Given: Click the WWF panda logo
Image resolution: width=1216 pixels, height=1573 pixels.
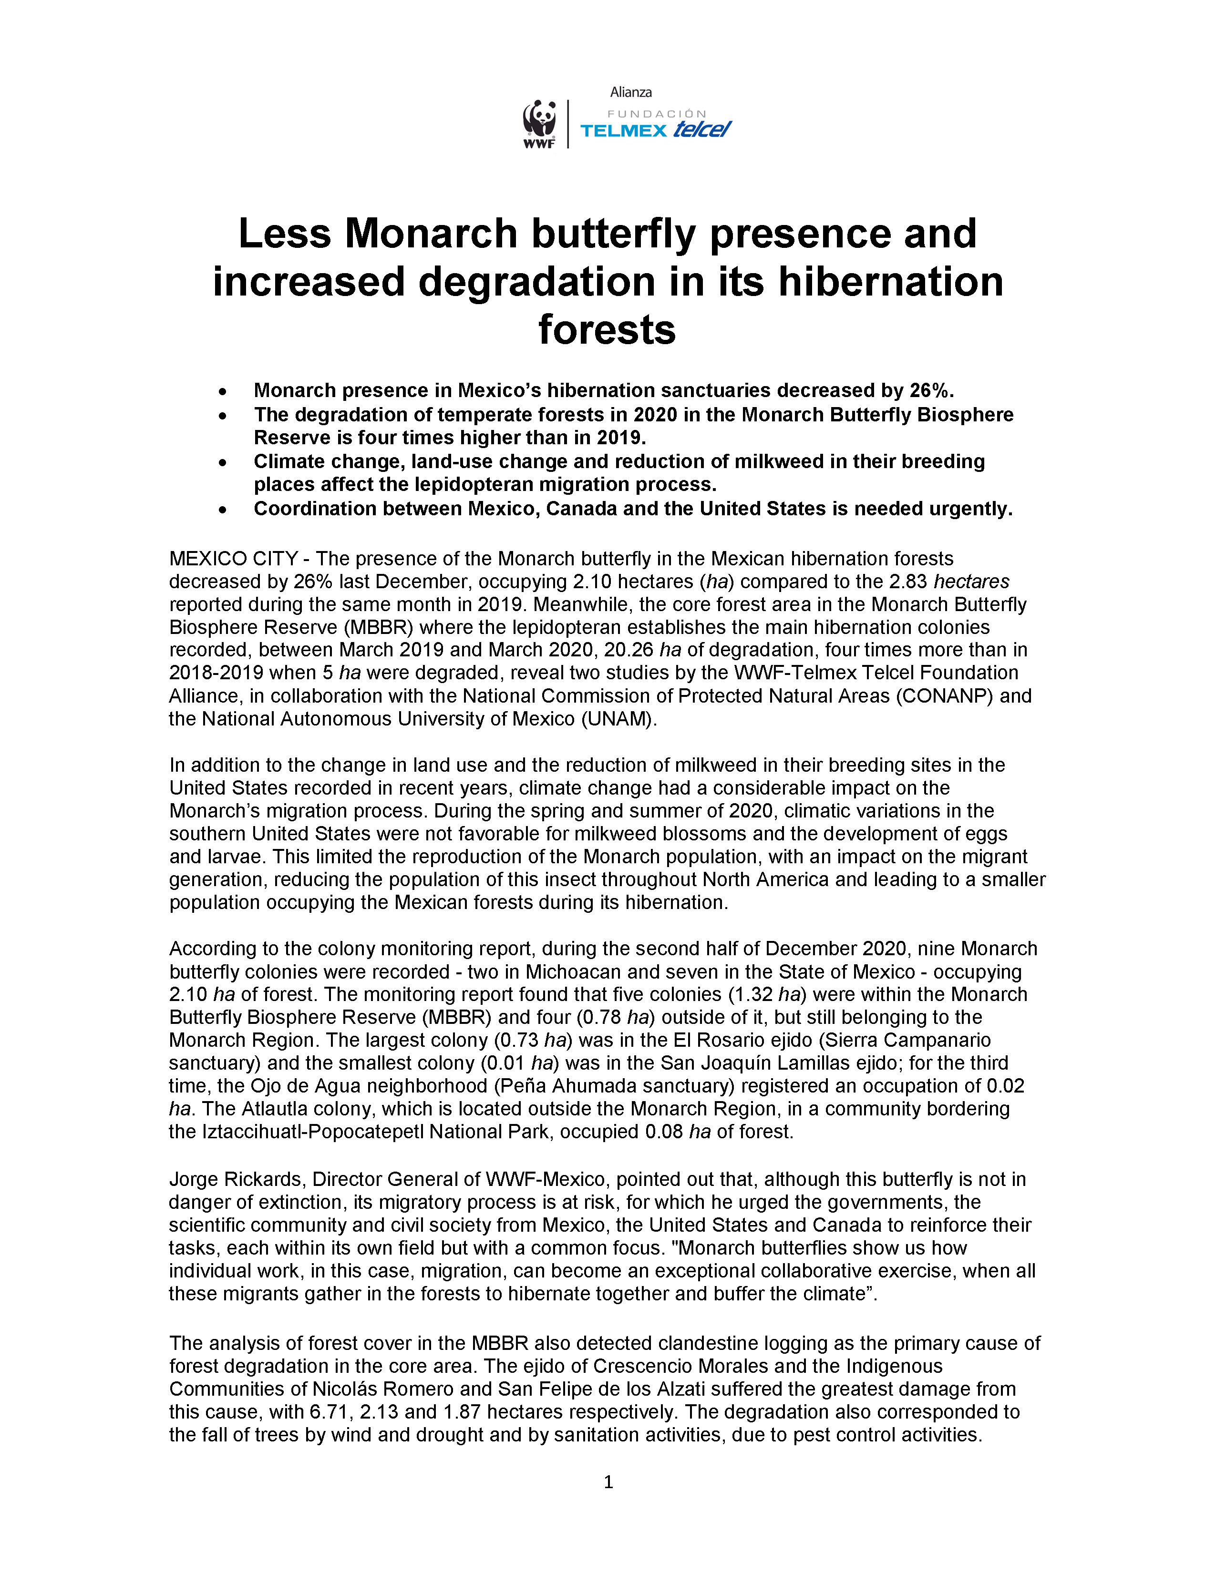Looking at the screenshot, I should [x=539, y=123].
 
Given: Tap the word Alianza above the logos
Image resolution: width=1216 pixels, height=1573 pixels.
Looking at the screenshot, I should [x=630, y=92].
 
